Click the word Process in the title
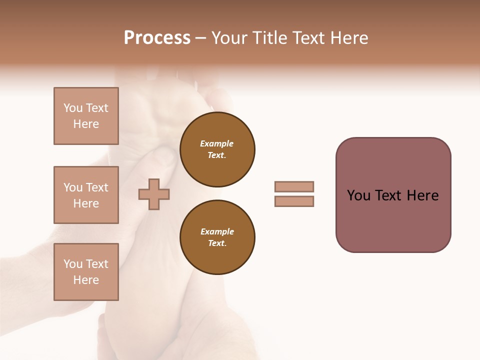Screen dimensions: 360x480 (157, 38)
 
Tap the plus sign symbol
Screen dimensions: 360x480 (154, 193)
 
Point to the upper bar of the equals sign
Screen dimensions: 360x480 (294, 186)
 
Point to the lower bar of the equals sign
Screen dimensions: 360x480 (294, 201)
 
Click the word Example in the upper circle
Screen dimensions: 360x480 (217, 143)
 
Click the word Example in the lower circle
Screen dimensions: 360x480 (217, 231)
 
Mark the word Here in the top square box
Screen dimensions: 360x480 (86, 124)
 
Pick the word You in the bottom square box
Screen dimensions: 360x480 (73, 264)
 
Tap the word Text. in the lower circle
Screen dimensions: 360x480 (217, 243)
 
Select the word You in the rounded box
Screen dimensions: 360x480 (358, 195)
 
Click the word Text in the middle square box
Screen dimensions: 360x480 (97, 187)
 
